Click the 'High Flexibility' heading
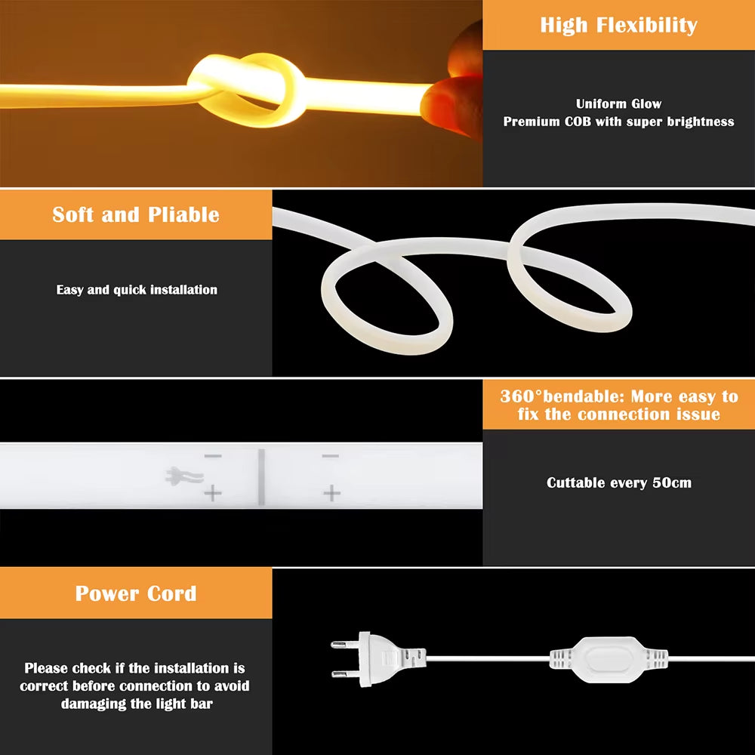618,25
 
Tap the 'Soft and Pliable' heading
136,214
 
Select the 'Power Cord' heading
136,593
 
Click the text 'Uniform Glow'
618,104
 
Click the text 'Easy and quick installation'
137,290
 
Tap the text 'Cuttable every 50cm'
618,482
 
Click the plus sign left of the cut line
213,494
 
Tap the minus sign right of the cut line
331,457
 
